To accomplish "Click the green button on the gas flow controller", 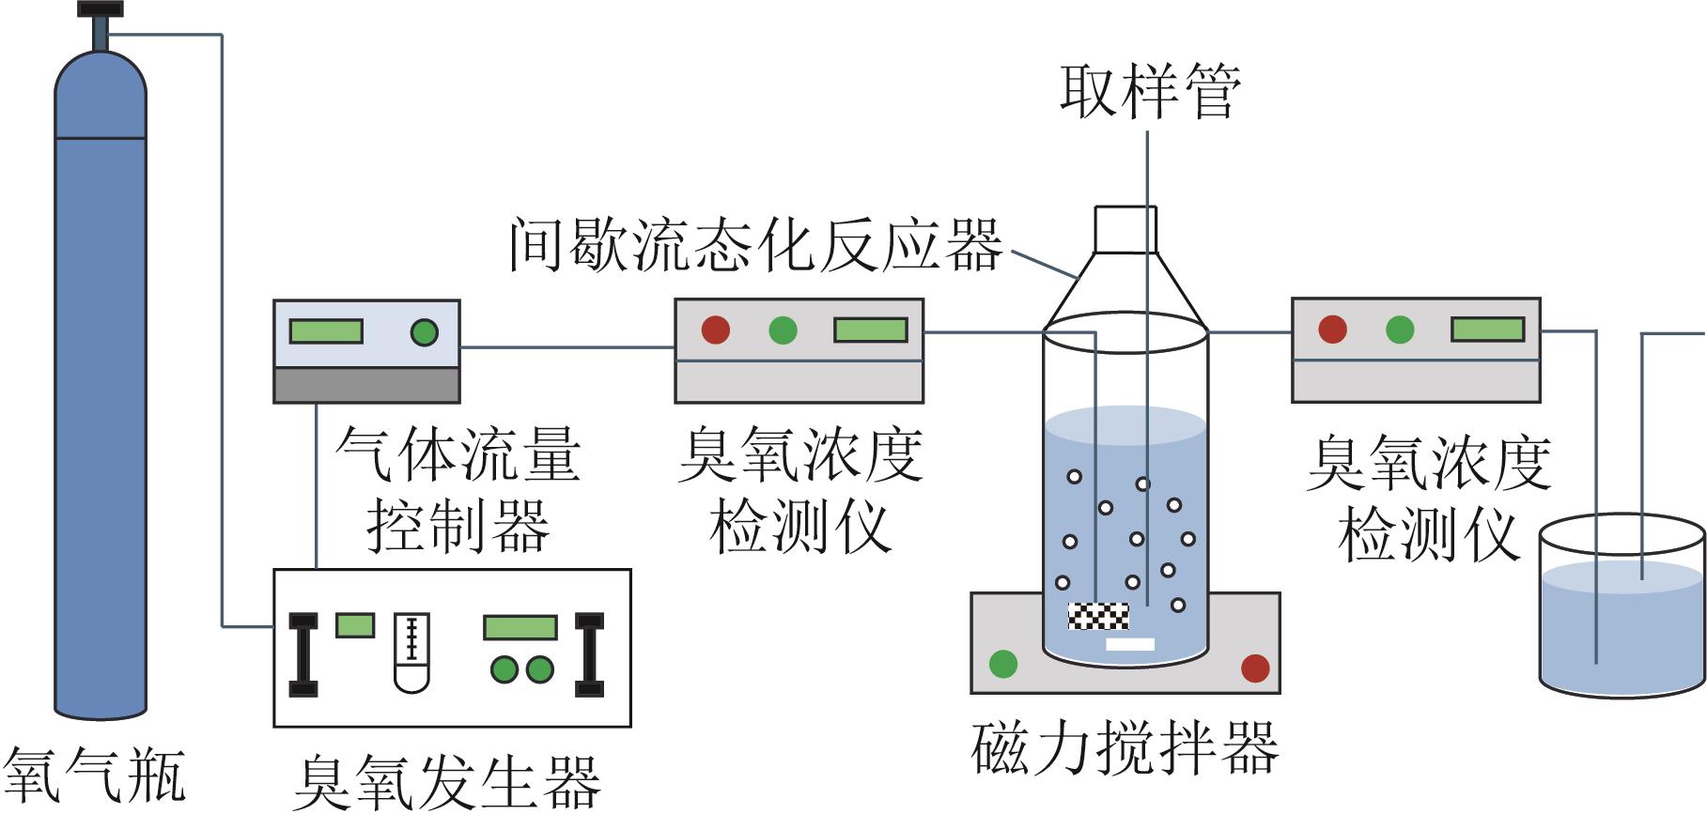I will pos(424,331).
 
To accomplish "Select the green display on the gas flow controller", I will pos(326,331).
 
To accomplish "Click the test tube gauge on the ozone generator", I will pos(411,653).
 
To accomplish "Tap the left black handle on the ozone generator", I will pos(303,654).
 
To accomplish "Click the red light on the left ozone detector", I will pos(716,330).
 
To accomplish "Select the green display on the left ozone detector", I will pos(870,330).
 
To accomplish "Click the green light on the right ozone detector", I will pos(1400,330).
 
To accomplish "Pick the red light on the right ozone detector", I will pos(1332,329).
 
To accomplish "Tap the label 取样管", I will pos(1150,91).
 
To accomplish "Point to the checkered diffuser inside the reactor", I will pos(1098,616).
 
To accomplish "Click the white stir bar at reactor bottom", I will pos(1130,644).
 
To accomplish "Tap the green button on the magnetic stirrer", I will pos(1003,664).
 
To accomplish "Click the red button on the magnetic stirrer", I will pos(1255,668).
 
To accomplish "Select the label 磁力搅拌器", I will pos(1125,748).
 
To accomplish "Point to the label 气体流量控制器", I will pos(458,490).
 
